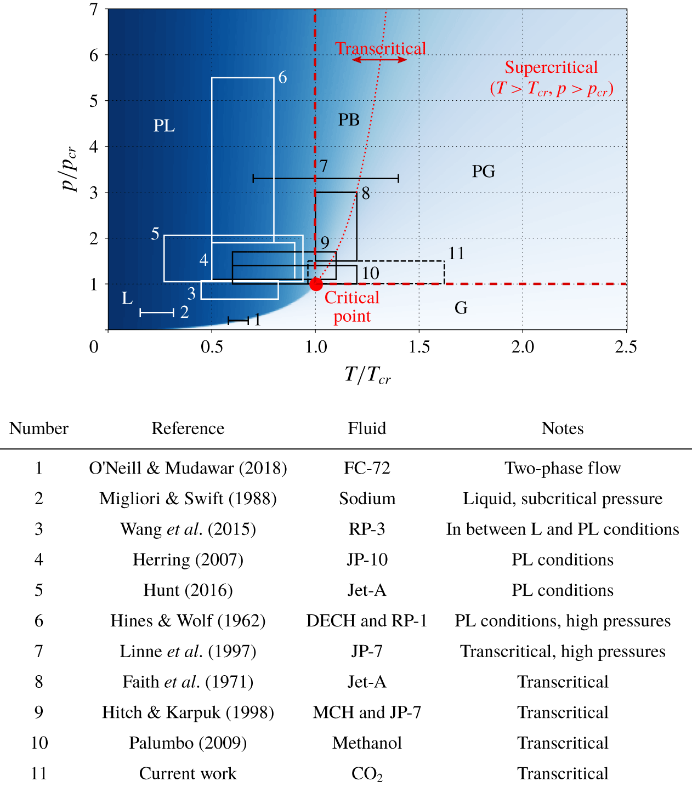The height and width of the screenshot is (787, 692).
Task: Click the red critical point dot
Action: pyautogui.click(x=316, y=284)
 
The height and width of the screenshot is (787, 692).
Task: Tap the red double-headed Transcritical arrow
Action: pyautogui.click(x=379, y=59)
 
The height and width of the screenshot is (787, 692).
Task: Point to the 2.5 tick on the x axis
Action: pyautogui.click(x=626, y=347)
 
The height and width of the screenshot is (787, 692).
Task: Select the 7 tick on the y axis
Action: pyautogui.click(x=94, y=9)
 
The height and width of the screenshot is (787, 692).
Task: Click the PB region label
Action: pyautogui.click(x=349, y=120)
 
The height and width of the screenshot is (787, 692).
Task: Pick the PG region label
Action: pyautogui.click(x=483, y=172)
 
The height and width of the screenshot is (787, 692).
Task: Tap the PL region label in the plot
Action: pyautogui.click(x=164, y=126)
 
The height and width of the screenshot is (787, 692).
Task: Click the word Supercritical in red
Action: pyautogui.click(x=551, y=67)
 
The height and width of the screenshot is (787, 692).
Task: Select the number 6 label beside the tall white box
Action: pyautogui.click(x=282, y=78)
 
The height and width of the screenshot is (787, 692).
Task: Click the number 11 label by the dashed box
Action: pyautogui.click(x=456, y=253)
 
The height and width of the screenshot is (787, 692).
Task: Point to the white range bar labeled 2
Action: pyautogui.click(x=157, y=312)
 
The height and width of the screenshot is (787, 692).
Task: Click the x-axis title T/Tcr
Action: pyautogui.click(x=367, y=375)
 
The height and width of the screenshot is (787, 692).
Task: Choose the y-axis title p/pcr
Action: pyautogui.click(x=70, y=169)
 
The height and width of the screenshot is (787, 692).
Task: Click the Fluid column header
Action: pyautogui.click(x=367, y=429)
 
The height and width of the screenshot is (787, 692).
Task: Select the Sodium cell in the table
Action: pyautogui.click(x=367, y=499)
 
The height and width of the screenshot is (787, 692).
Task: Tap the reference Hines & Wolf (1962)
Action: pyautogui.click(x=188, y=621)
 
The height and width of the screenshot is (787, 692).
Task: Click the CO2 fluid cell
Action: pyautogui.click(x=367, y=774)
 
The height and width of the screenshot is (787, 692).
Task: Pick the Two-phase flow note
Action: pyautogui.click(x=563, y=468)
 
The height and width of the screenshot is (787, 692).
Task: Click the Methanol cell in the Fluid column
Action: pyautogui.click(x=367, y=743)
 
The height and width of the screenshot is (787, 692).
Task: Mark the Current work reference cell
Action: pyautogui.click(x=188, y=774)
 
